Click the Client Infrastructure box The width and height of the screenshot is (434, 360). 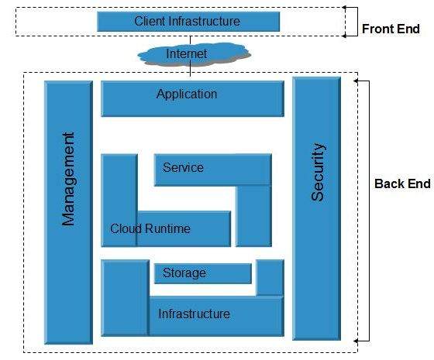pyautogui.click(x=187, y=22)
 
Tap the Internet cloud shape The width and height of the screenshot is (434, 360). pyautogui.click(x=187, y=54)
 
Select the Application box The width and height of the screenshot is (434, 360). pyautogui.click(x=192, y=98)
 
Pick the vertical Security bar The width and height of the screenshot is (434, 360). pyautogui.click(x=316, y=208)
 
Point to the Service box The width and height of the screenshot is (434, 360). pyautogui.click(x=212, y=169)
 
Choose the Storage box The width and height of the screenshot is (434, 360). pyautogui.click(x=203, y=273)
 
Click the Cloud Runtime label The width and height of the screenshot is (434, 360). pyautogui.click(x=150, y=229)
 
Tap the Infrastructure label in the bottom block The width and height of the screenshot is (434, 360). pyautogui.click(x=194, y=314)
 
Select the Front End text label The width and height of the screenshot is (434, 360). pyautogui.click(x=391, y=29)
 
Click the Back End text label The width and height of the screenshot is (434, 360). pyautogui.click(x=401, y=183)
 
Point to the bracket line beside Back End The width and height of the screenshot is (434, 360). pyautogui.click(x=367, y=209)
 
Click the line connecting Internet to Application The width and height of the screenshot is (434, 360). pyautogui.click(x=191, y=72)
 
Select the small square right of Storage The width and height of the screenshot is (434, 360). pyautogui.click(x=270, y=277)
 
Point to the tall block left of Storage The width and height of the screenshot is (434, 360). pyautogui.click(x=125, y=297)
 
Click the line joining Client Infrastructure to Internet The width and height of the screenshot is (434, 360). pyautogui.click(x=191, y=36)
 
